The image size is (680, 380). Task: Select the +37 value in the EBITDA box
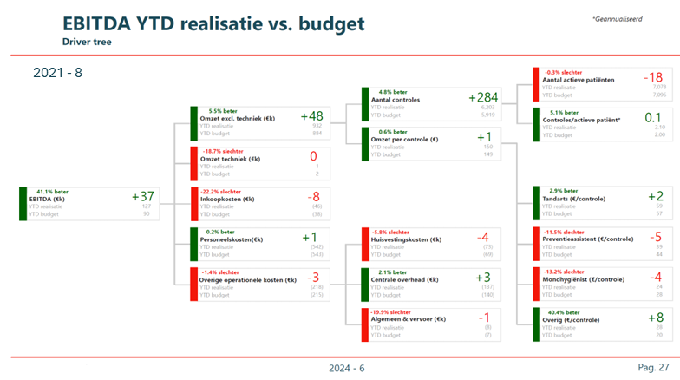pyautogui.click(x=142, y=198)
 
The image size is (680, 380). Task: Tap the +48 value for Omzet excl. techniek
pyautogui.click(x=311, y=116)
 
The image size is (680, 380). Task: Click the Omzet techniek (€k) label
pyautogui.click(x=230, y=159)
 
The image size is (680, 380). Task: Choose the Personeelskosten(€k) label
pyautogui.click(x=232, y=239)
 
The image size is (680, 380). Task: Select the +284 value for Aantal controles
pyautogui.click(x=483, y=97)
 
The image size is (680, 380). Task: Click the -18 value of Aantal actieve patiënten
pyautogui.click(x=653, y=78)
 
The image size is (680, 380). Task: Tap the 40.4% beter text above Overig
pyautogui.click(x=561, y=312)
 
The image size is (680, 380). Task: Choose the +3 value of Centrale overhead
pyautogui.click(x=483, y=278)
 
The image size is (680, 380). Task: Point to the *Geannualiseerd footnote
pyautogui.click(x=618, y=18)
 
